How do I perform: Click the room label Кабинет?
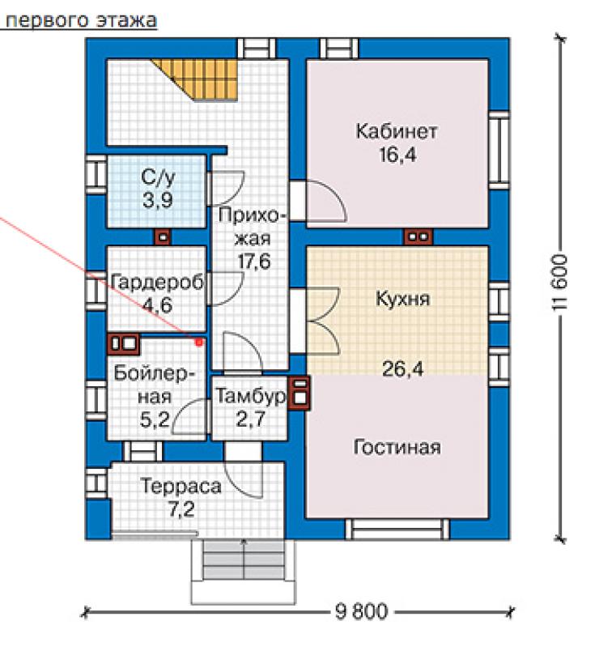pos(397,132)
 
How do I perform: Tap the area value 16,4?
pos(397,155)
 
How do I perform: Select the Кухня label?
pos(402,299)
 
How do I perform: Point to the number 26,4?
pos(402,368)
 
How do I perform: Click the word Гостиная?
pos(397,447)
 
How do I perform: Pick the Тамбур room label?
pos(250,396)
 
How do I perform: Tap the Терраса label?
pos(181,486)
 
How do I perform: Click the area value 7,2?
pos(181,509)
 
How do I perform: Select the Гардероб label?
pos(158,283)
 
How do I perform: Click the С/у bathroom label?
pos(158,177)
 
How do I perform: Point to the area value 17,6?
pos(254,262)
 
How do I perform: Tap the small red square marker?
pos(199,343)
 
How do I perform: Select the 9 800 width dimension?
pos(361,611)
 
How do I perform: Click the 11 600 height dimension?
pos(559,283)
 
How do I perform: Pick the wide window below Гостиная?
pos(397,529)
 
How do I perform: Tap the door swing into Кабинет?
pos(326,200)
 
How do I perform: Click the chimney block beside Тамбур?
pos(299,393)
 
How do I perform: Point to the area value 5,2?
pos(155,420)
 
